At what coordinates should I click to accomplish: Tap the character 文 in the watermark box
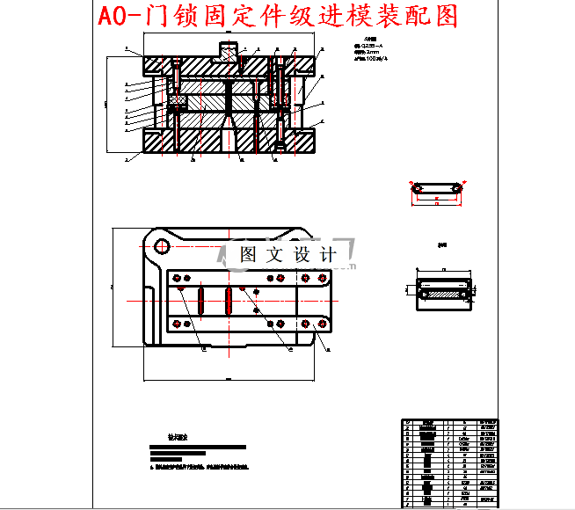point(275,255)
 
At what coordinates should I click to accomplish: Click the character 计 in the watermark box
point(328,255)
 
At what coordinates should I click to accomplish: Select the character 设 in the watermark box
point(302,255)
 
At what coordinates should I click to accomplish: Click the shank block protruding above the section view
point(229,49)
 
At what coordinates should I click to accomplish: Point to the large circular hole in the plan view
point(161,246)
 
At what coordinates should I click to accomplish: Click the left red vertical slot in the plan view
point(201,301)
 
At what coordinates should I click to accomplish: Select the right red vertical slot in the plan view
point(229,301)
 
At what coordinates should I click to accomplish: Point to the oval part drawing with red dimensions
point(436,189)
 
